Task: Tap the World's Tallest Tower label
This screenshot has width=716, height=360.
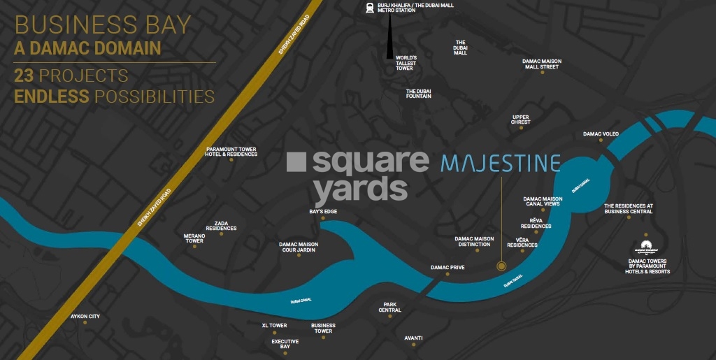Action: coord(406,63)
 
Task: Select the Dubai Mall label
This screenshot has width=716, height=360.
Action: coord(460,48)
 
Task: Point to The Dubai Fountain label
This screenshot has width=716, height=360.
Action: coord(419,94)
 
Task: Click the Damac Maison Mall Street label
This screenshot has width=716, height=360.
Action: coord(541,64)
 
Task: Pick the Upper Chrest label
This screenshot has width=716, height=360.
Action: coord(521,120)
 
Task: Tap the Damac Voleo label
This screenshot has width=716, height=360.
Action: coord(601,134)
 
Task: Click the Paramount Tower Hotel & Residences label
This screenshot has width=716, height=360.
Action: coord(231,152)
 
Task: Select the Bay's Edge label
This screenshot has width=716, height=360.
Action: coord(323,211)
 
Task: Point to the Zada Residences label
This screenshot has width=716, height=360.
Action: coord(221,225)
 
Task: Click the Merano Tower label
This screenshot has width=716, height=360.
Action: coord(194,238)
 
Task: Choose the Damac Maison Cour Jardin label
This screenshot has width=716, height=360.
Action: coord(299,247)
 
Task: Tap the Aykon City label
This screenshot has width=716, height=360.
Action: coord(85,317)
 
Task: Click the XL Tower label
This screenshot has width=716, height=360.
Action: coord(274,326)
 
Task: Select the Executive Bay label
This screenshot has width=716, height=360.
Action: coord(285,344)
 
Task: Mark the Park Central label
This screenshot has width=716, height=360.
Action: coord(389,308)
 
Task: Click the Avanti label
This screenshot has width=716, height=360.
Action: coord(413,338)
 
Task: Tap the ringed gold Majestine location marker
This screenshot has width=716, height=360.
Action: coord(501,266)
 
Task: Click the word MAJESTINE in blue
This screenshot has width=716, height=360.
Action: coord(501,164)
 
